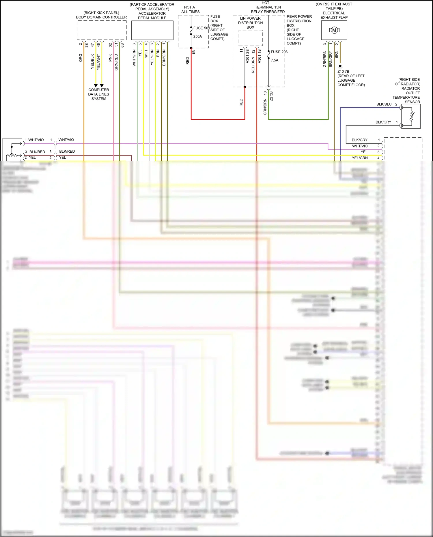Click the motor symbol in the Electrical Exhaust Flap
point(334,30)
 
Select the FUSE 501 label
point(201,28)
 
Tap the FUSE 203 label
point(279,52)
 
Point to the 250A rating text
point(197,37)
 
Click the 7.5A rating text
point(275,60)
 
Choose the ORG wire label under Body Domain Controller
point(81,58)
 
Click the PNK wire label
point(110,58)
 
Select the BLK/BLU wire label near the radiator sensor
point(384,104)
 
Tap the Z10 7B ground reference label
point(343,72)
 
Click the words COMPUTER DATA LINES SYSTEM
point(99,94)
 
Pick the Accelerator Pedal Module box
point(152,30)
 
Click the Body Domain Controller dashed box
point(102,30)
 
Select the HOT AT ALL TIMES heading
point(191,10)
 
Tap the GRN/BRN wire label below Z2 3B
point(265,107)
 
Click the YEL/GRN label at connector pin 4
point(360,158)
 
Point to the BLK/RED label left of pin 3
point(37,152)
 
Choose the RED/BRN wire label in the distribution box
point(253,65)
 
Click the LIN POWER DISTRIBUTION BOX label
point(250,23)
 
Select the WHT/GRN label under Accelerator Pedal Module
point(134,58)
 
